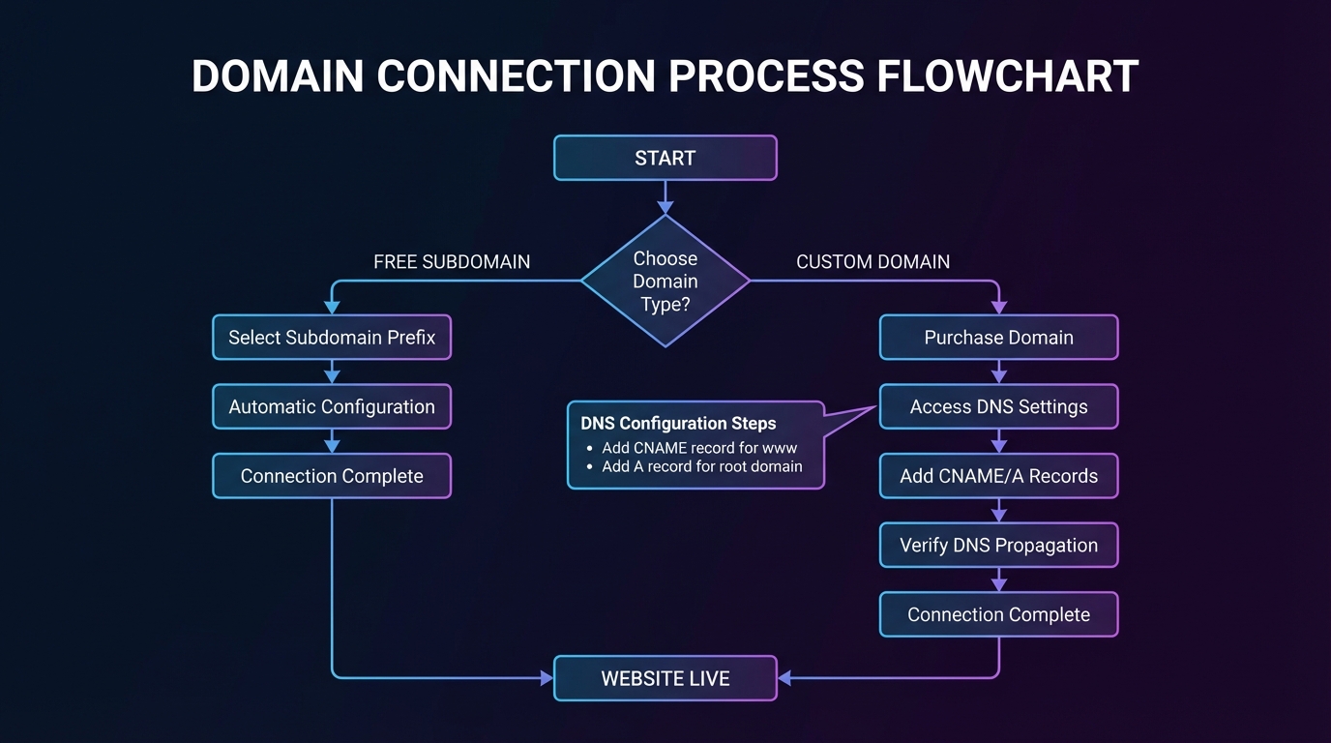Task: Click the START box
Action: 665,158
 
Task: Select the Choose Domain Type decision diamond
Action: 665,282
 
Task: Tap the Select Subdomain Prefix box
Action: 332,338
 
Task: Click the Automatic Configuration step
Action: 332,407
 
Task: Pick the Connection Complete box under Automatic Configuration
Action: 332,476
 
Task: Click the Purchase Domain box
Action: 998,338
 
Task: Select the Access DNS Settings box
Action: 998,407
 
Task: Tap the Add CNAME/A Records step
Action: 998,476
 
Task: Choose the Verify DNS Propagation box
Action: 998,546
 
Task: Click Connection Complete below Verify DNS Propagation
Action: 998,614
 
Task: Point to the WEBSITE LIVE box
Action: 665,678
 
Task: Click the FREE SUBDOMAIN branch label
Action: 452,262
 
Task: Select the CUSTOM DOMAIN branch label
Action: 873,262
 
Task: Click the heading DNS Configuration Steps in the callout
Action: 678,424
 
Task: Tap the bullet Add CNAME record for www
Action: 699,448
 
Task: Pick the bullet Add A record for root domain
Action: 702,466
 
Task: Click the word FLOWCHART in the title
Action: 1007,76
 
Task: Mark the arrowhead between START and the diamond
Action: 665,206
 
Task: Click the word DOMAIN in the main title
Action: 277,76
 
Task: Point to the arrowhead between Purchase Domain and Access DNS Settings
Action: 999,376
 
